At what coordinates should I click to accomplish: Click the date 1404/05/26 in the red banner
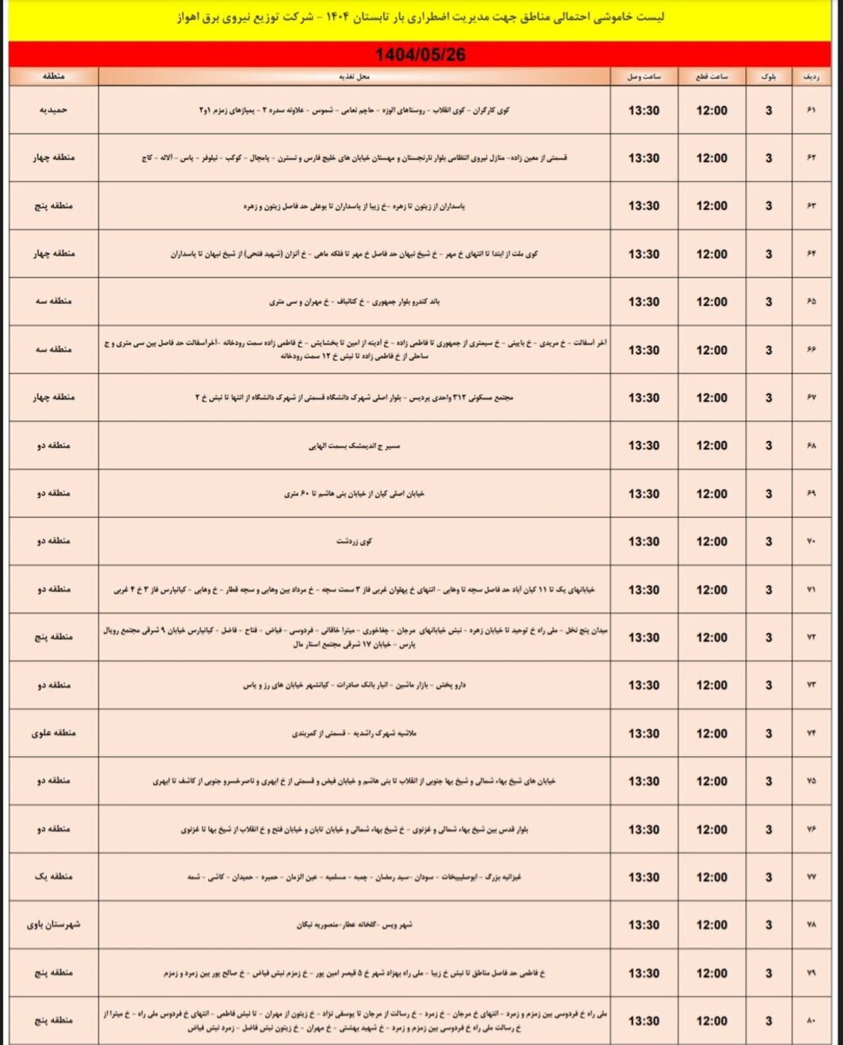(420, 55)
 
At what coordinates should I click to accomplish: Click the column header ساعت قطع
(712, 77)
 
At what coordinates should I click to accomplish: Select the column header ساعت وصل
(644, 77)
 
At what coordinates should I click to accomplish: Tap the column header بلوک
(768, 77)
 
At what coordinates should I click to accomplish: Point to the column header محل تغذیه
(354, 77)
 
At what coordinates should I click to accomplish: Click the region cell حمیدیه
(53, 110)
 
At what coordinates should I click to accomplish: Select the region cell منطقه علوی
(53, 733)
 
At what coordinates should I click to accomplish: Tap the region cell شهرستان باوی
(53, 925)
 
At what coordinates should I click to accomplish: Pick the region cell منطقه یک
(53, 876)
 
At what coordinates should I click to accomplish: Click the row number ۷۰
(811, 541)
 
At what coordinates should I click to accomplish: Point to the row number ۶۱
(811, 110)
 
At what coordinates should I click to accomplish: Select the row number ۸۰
(811, 1020)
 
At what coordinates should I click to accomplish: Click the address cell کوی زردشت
(354, 541)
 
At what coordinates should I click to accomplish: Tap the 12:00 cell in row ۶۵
(712, 302)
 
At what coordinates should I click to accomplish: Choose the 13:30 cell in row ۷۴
(644, 733)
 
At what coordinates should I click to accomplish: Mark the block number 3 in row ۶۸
(768, 446)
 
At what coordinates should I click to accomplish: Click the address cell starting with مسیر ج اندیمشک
(354, 446)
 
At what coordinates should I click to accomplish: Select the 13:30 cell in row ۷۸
(644, 925)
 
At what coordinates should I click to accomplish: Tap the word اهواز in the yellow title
(191, 17)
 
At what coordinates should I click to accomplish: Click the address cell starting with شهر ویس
(354, 925)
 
